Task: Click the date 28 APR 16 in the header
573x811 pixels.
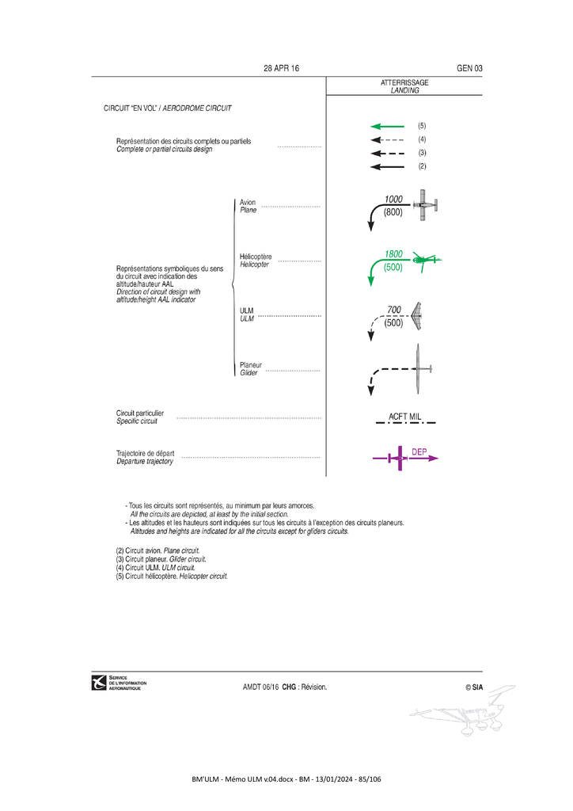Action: [281, 68]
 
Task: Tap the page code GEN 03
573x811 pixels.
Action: [469, 68]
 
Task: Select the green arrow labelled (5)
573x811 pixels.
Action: [388, 126]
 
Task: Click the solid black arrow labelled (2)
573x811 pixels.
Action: [388, 166]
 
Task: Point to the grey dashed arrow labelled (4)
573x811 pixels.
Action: [388, 139]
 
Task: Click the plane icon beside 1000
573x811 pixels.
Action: [426, 205]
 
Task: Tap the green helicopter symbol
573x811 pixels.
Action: [427, 260]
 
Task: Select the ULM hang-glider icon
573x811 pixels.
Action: [416, 316]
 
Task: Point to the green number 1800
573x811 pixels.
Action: [393, 254]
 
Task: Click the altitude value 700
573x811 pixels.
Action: [394, 310]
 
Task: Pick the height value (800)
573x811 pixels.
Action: [393, 212]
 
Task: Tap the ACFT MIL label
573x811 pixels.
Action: [405, 417]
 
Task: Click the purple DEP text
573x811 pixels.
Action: [419, 451]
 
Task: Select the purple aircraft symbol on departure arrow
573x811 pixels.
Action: [398, 458]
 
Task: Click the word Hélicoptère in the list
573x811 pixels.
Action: [256, 257]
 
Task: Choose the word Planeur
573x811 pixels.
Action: [251, 364]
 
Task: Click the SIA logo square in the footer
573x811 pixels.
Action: [99, 683]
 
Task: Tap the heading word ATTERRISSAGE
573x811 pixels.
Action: [404, 82]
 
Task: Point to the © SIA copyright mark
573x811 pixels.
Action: [474, 687]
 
